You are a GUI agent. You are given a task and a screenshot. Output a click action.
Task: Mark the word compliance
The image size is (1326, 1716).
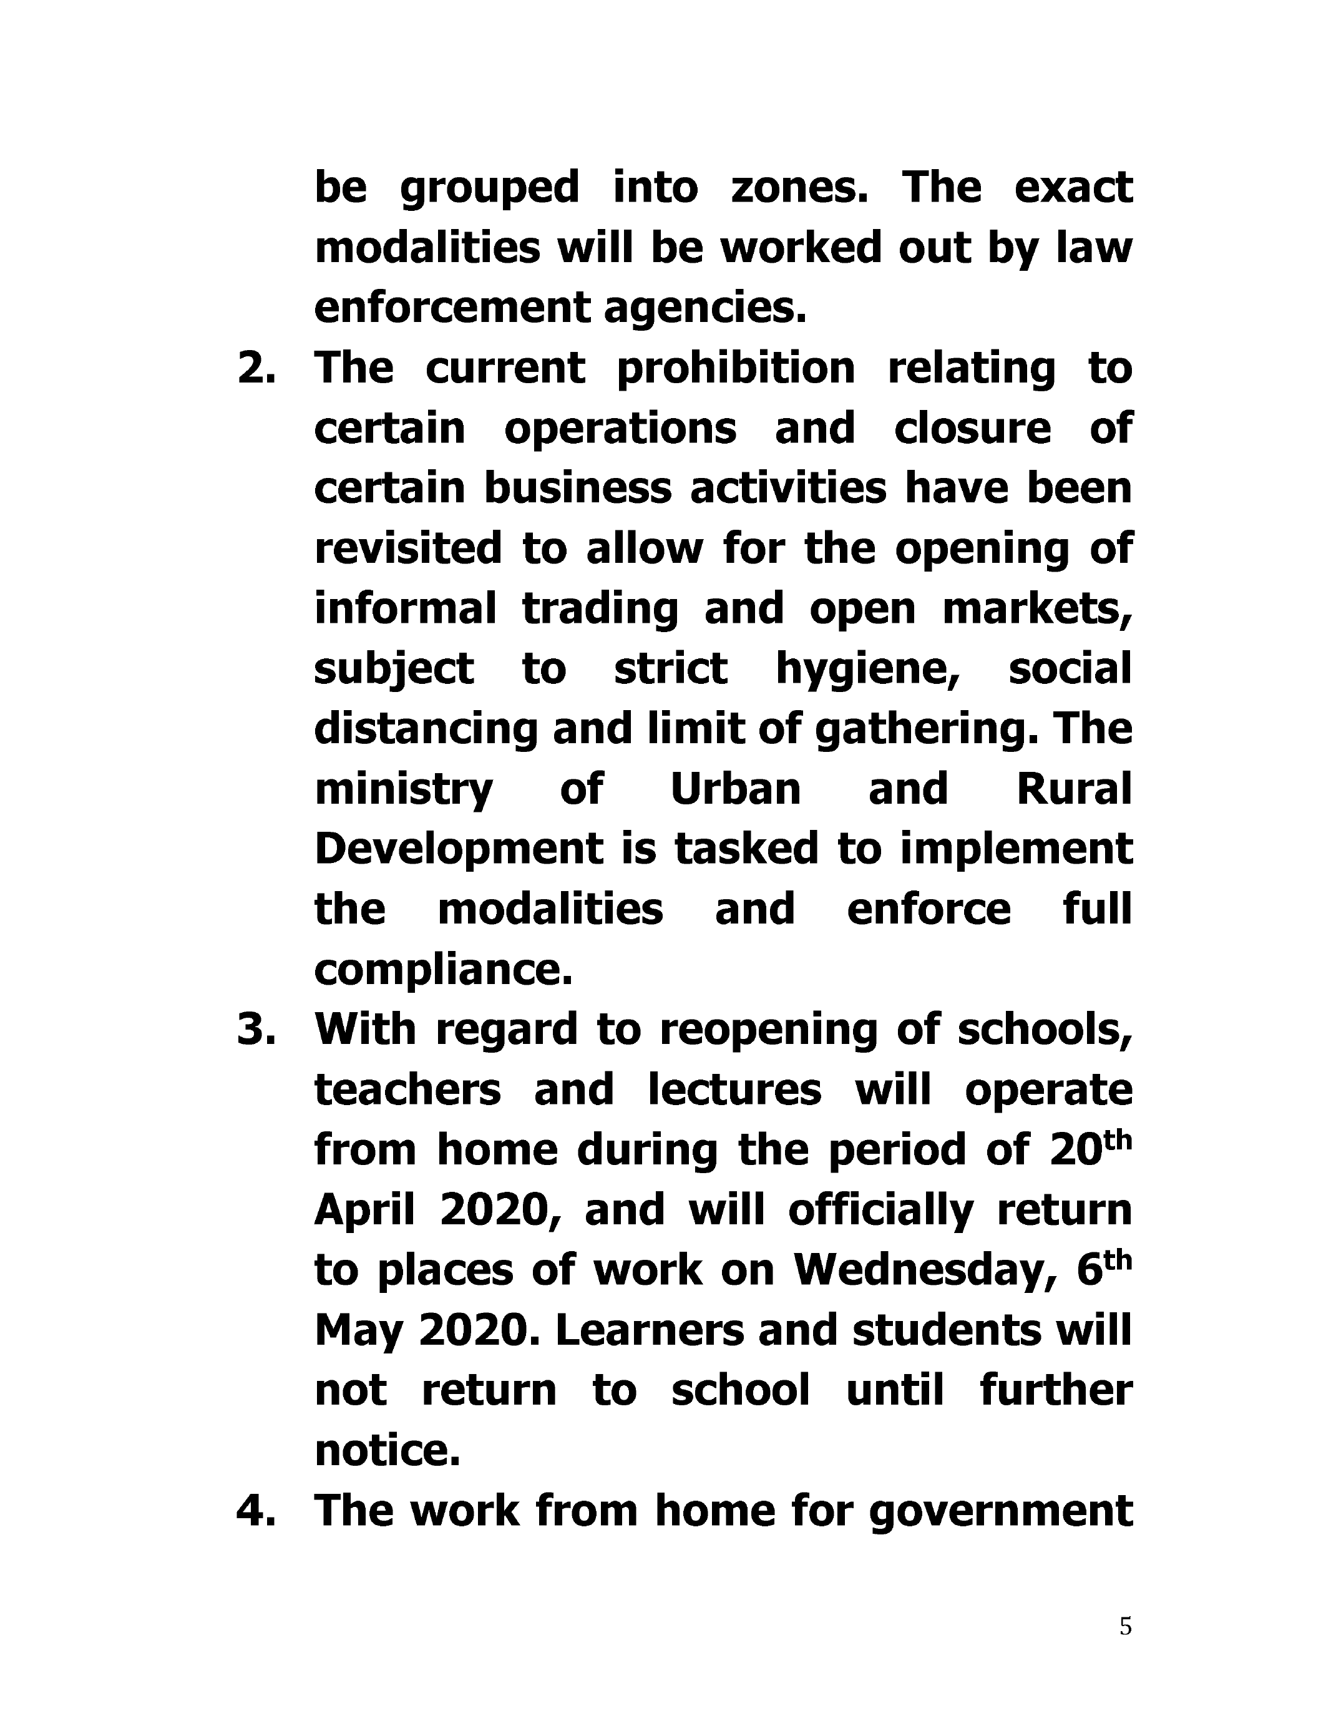[x=443, y=970]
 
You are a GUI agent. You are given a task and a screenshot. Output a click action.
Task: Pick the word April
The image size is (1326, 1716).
[x=364, y=1210]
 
